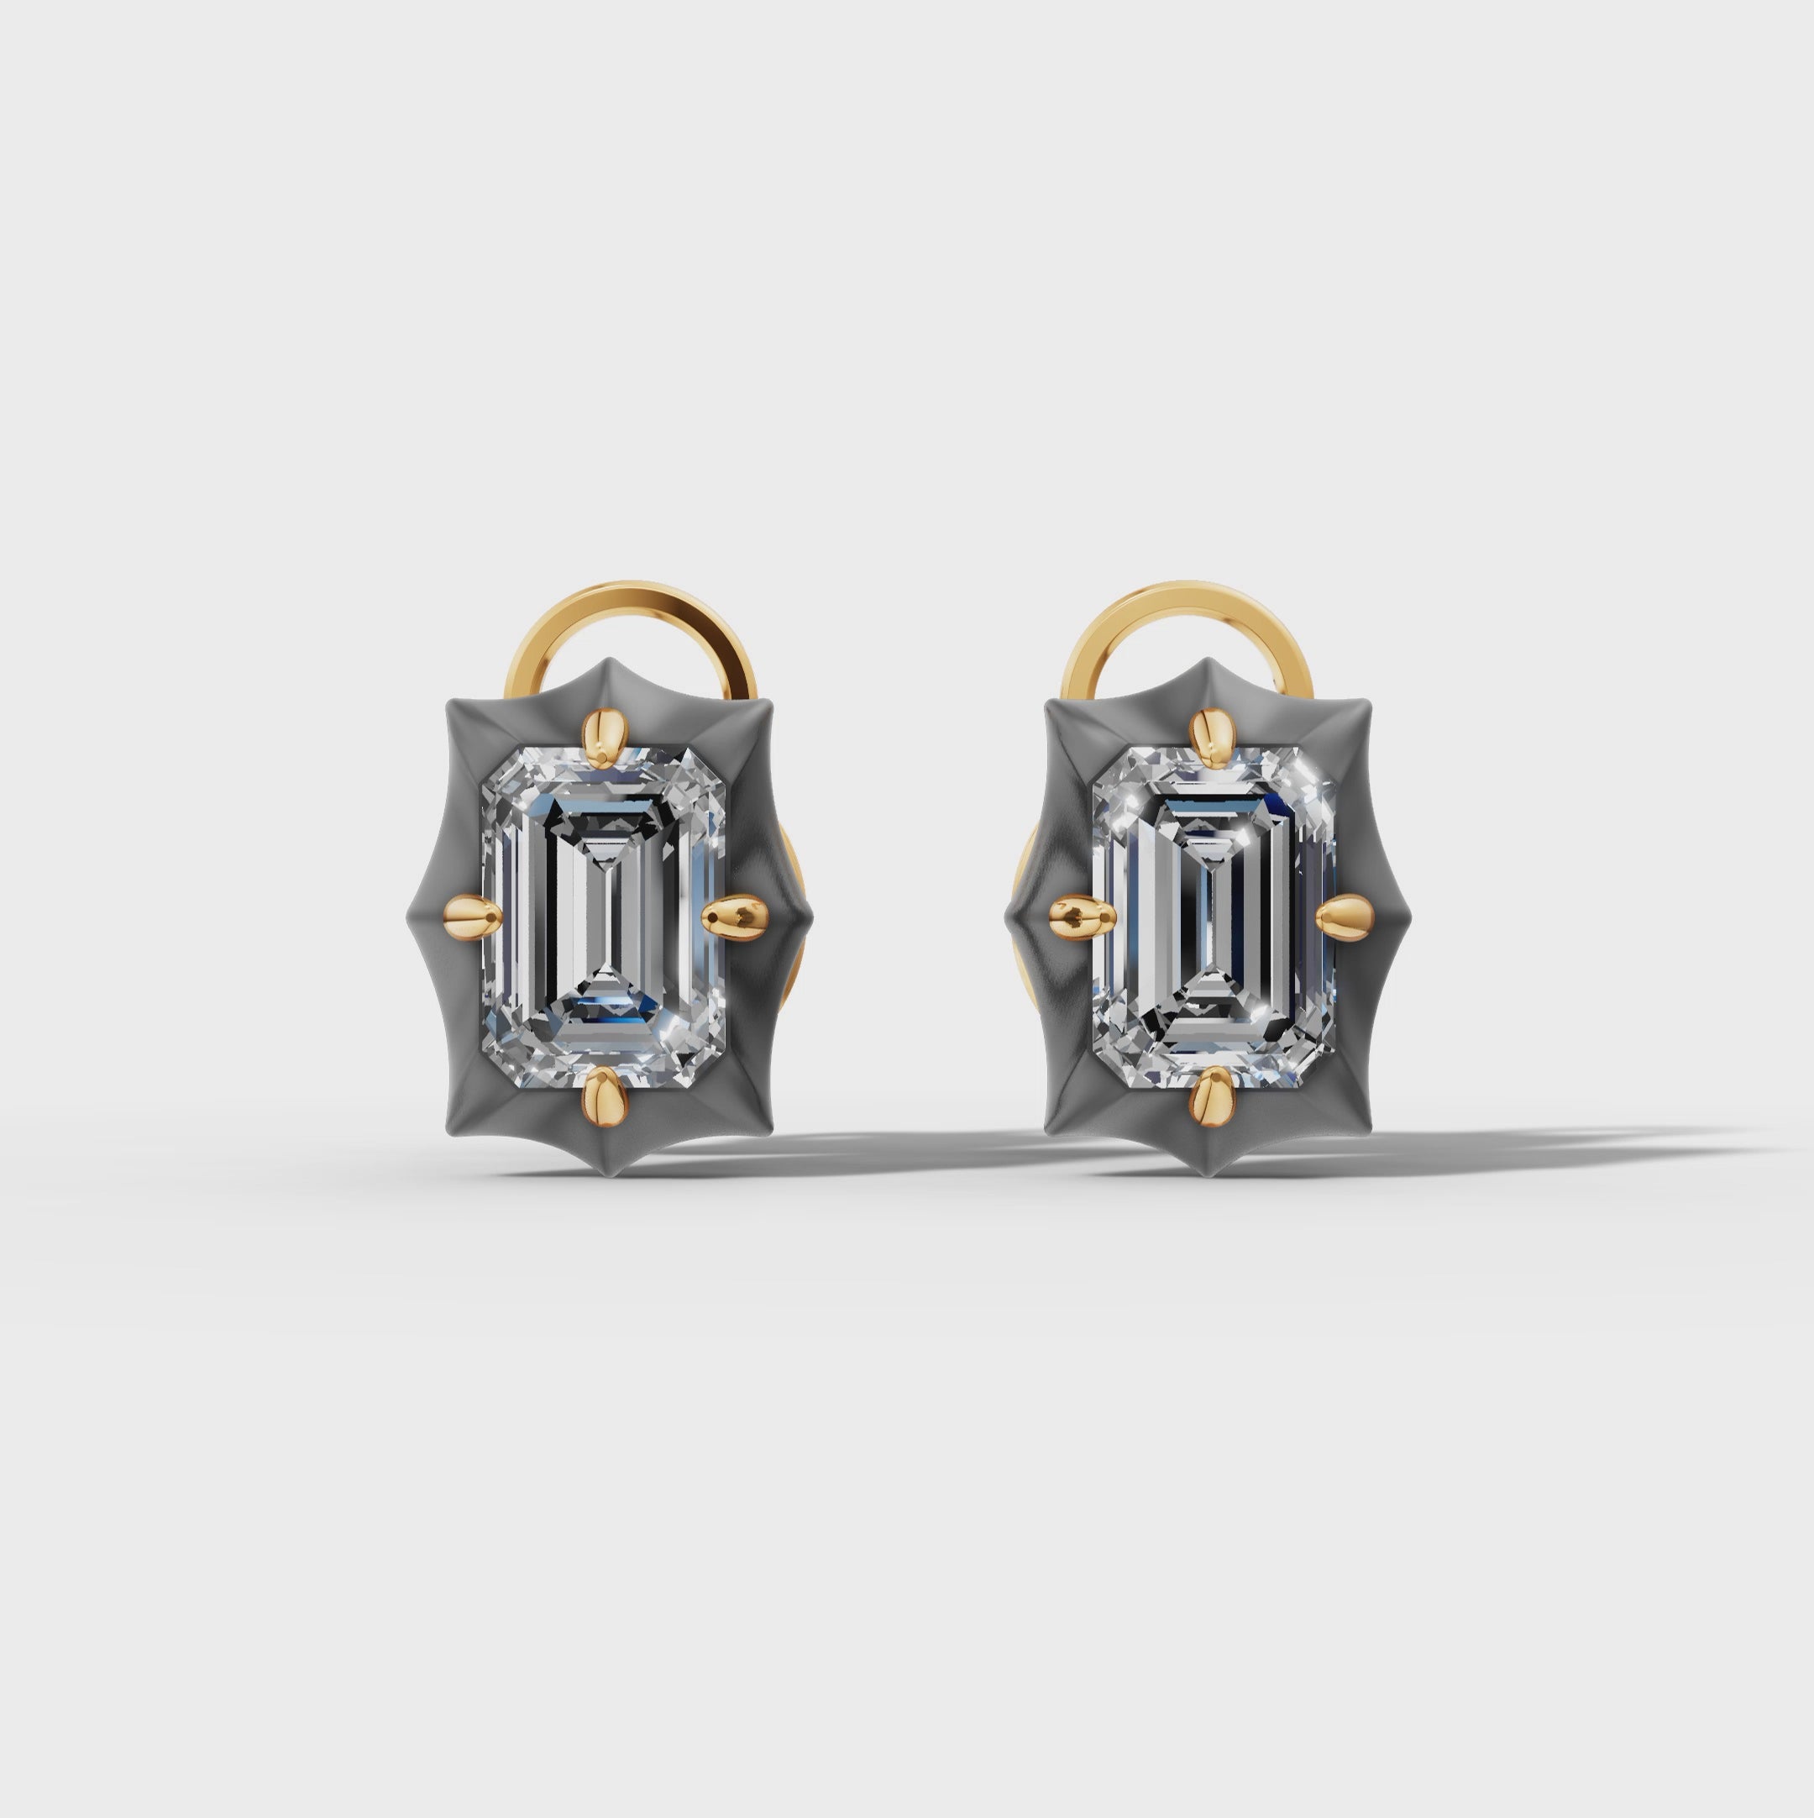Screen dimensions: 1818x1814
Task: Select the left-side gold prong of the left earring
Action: click(467, 912)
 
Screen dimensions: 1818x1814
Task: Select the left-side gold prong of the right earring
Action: click(1077, 912)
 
